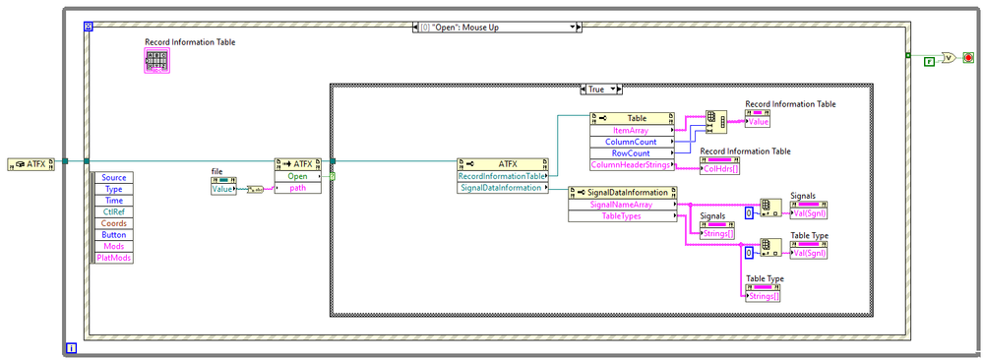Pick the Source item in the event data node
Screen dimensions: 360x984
[113, 177]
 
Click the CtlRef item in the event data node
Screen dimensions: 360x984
[113, 211]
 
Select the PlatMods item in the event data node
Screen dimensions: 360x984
[113, 258]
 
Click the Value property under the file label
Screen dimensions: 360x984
[223, 188]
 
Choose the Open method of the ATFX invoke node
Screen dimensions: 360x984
[297, 177]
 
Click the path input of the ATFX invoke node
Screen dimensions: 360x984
[297, 188]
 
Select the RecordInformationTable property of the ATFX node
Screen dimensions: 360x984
[500, 176]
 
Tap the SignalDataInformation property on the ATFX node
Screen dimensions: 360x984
[500, 188]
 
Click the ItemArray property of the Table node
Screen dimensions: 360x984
[630, 130]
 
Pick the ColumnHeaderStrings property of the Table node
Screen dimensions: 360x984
[630, 165]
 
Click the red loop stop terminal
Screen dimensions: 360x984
[970, 57]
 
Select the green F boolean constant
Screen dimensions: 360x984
[928, 60]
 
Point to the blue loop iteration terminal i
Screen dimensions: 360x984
[72, 347]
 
